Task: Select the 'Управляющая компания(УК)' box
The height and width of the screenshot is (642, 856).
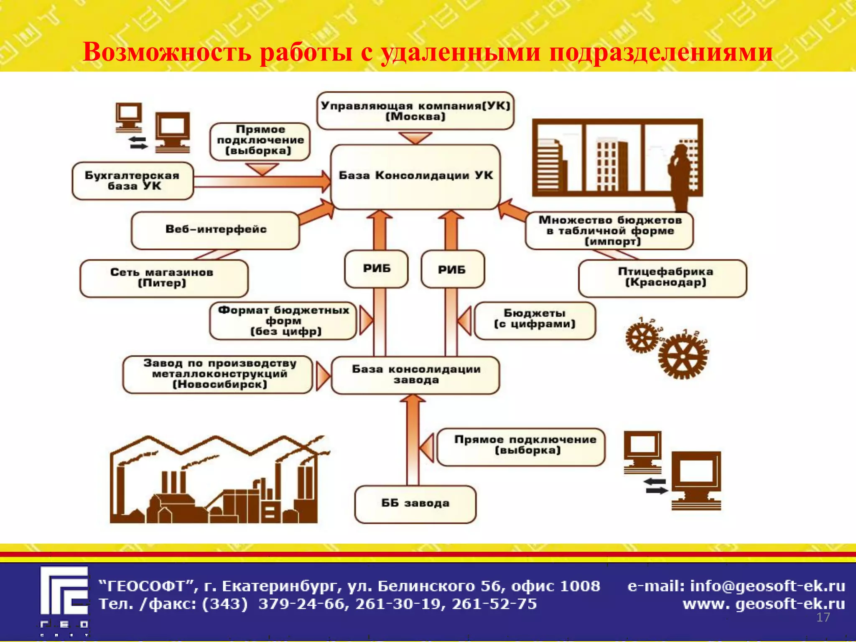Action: point(415,111)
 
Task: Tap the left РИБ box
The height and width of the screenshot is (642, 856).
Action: point(376,269)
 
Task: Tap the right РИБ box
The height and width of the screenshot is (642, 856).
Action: point(453,270)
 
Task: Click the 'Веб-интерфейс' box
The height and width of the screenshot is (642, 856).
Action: point(215,230)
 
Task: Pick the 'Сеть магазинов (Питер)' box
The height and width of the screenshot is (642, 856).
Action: point(163,278)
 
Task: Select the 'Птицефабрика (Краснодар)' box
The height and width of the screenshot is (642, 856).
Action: point(662,278)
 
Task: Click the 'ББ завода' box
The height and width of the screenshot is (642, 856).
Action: point(415,504)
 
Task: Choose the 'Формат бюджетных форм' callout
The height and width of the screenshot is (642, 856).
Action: point(283,321)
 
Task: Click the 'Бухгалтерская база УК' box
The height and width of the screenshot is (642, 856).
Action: point(132,181)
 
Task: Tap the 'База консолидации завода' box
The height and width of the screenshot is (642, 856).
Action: point(415,375)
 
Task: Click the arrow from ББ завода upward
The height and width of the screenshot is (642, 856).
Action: point(413,439)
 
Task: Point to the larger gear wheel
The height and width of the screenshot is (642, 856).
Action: point(683,356)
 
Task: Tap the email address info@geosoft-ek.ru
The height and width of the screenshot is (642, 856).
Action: point(767,586)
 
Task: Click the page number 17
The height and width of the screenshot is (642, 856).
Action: point(823,617)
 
